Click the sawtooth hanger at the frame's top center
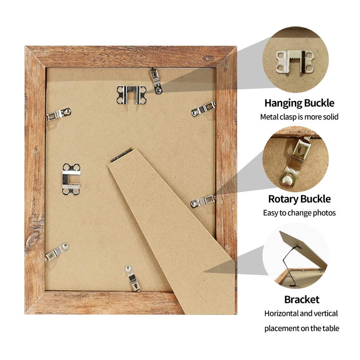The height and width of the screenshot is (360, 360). coord(131,95)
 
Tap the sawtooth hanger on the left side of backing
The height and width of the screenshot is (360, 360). coord(71,179)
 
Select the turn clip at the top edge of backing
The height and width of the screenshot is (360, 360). coord(156,81)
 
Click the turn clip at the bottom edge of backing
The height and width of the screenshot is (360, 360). coord(132,279)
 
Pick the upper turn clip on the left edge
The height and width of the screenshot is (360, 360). coord(58,114)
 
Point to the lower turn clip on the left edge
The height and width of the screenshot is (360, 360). coord(57,252)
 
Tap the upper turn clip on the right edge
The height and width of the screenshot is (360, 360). coord(203,109)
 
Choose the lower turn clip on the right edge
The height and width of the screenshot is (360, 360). coord(203,202)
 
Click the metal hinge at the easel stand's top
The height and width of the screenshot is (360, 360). coord(121,155)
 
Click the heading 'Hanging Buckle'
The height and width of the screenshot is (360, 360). coord(299,103)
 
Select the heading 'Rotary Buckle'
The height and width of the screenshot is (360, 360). coord(299,199)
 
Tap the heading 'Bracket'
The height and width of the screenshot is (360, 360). coord(301,300)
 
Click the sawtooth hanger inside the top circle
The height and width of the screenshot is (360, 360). coord(295,62)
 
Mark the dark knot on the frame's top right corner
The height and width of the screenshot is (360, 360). coord(208,58)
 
